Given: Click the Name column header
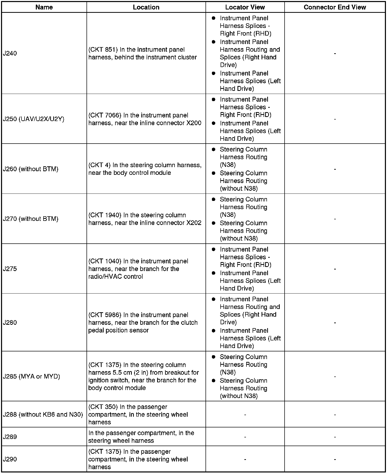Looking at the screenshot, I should coord(44,7).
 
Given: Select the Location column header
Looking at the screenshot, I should coord(146,7).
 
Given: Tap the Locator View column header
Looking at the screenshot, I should coord(245,7).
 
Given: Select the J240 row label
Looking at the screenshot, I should coord(10,53).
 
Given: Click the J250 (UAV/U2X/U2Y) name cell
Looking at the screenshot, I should coord(34,119).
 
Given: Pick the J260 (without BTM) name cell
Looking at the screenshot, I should coord(30,169).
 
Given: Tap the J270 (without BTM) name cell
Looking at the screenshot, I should coord(30,219).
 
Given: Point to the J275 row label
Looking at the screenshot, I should coord(10,269).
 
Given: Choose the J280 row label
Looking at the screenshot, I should coord(10,322).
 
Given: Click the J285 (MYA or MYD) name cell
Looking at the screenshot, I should coord(31,376).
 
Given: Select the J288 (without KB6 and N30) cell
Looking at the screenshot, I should coord(43,414).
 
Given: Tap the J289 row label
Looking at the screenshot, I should coord(10,437).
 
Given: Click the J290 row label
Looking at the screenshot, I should coord(10,459).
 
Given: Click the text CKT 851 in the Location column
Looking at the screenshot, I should coord(103,50).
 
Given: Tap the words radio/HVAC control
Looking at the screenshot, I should coord(115,276).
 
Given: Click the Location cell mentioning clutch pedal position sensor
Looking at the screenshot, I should coord(143,322).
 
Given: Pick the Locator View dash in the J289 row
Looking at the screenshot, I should coord(245,437).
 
